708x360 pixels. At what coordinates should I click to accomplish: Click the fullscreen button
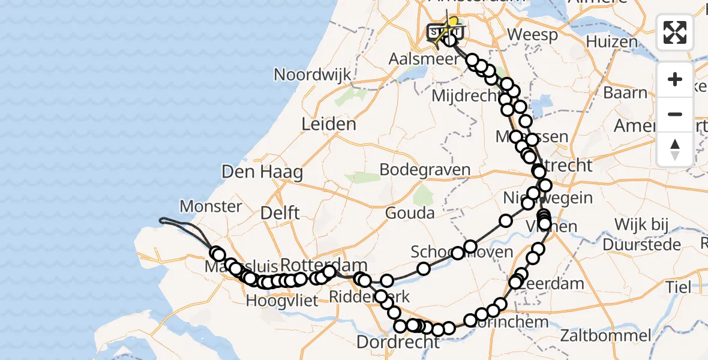675,32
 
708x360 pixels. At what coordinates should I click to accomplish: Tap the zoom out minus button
675,114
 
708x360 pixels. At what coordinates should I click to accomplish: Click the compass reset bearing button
675,148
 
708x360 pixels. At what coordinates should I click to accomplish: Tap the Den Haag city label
262,172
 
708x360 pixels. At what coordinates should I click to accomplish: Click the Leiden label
328,125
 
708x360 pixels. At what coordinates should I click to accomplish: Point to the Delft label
280,212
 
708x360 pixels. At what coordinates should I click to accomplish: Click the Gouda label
410,213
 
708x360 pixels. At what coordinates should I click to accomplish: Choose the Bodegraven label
425,170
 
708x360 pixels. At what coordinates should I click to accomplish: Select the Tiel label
678,287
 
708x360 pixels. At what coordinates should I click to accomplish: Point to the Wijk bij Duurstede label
642,235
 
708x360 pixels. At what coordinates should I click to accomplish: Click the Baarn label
625,93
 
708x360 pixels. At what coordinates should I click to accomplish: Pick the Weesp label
532,35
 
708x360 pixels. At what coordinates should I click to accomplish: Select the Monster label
211,206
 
